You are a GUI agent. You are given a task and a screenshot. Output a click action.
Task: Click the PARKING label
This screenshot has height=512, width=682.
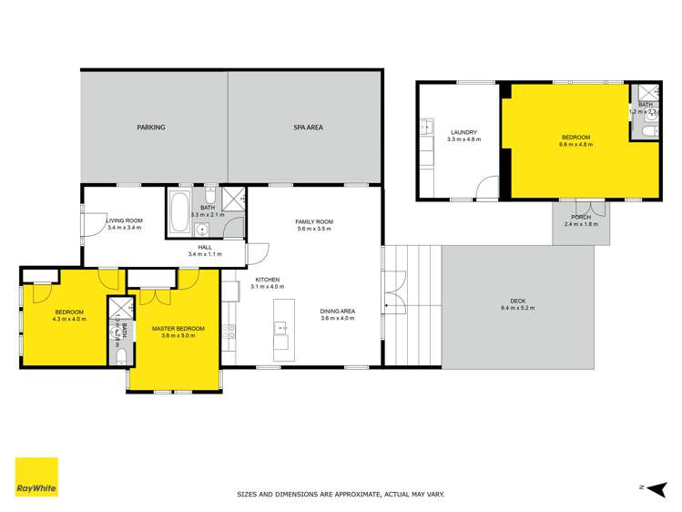(x=151, y=128)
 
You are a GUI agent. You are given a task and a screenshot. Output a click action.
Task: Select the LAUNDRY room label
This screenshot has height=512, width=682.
(x=463, y=133)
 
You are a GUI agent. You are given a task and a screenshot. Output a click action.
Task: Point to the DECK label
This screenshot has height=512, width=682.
(x=518, y=302)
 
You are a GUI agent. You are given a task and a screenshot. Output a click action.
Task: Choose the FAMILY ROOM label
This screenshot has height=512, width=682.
(x=314, y=221)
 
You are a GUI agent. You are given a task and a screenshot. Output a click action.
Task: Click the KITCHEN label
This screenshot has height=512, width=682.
(x=267, y=280)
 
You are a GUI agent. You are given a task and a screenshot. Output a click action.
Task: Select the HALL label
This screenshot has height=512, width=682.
(x=205, y=247)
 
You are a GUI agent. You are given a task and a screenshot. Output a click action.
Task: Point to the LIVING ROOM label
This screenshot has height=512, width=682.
(x=125, y=220)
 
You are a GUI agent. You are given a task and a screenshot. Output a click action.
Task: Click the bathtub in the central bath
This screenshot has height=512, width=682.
(x=179, y=213)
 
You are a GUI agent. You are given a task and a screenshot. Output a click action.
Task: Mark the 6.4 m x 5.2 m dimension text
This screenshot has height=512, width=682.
(x=518, y=310)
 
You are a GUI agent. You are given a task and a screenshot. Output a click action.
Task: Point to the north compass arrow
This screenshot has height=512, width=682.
(x=653, y=487)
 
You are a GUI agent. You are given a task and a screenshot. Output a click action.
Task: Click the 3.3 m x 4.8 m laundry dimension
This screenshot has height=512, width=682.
(x=463, y=140)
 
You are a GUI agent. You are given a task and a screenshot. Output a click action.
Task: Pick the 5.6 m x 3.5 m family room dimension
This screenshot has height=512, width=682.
(x=314, y=229)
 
